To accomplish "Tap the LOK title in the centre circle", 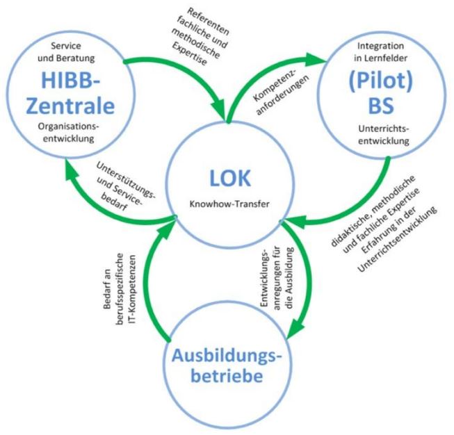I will click(227, 178).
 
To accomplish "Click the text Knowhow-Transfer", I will click(227, 206).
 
